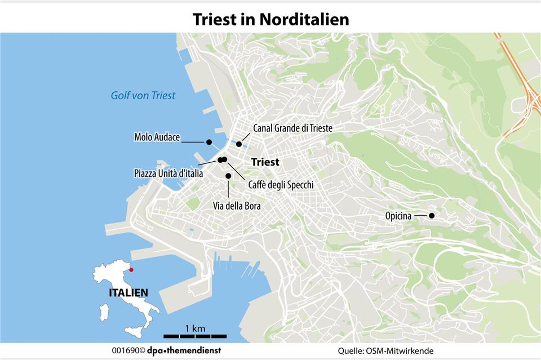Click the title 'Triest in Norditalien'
click(270, 19)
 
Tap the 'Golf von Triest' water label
click(143, 96)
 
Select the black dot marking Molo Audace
click(209, 142)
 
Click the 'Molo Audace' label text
click(157, 137)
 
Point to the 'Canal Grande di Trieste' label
click(292, 128)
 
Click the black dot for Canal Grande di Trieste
click(239, 144)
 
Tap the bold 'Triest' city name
click(265, 162)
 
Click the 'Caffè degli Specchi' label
click(281, 185)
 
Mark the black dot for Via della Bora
click(228, 176)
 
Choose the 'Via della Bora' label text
click(237, 206)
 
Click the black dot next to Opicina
click(432, 215)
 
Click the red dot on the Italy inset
click(131, 270)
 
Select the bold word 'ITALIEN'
click(128, 293)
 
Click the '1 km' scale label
click(194, 328)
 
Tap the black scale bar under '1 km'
click(195, 336)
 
